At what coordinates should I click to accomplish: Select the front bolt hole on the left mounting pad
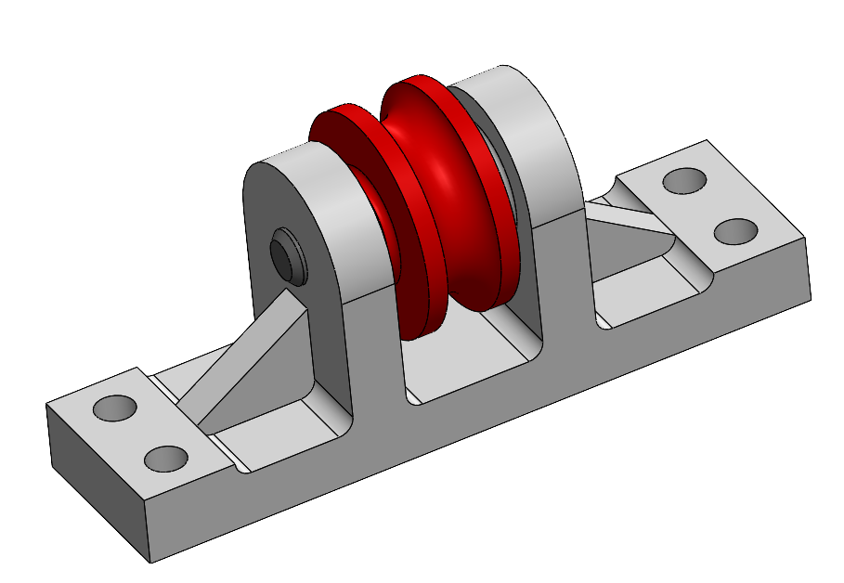pyautogui.click(x=167, y=457)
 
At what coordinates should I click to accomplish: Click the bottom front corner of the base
pyautogui.click(x=151, y=562)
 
